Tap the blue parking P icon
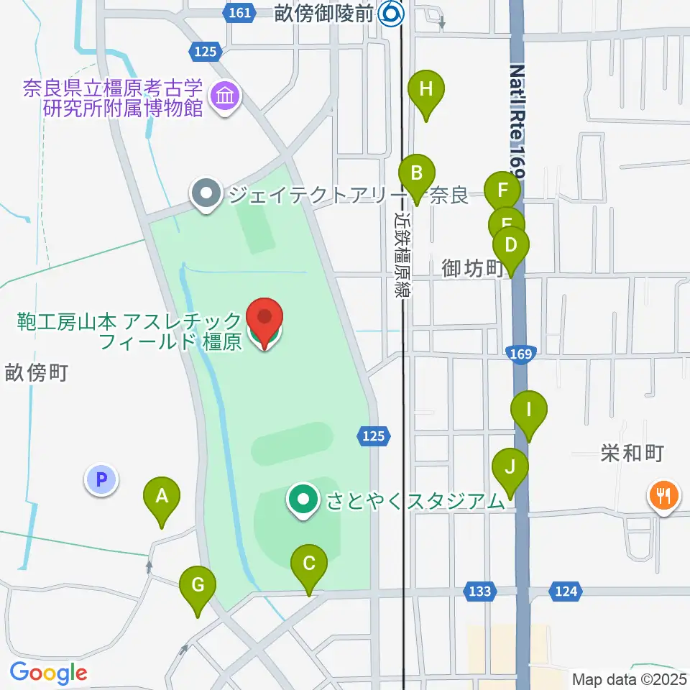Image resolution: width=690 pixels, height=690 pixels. tap(101, 479)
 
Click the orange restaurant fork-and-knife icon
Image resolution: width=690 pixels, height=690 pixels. tap(663, 496)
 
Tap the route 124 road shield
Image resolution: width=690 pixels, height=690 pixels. tap(566, 591)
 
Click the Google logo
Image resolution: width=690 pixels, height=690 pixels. tap(48, 673)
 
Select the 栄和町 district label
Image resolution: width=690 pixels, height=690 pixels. tap(632, 453)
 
